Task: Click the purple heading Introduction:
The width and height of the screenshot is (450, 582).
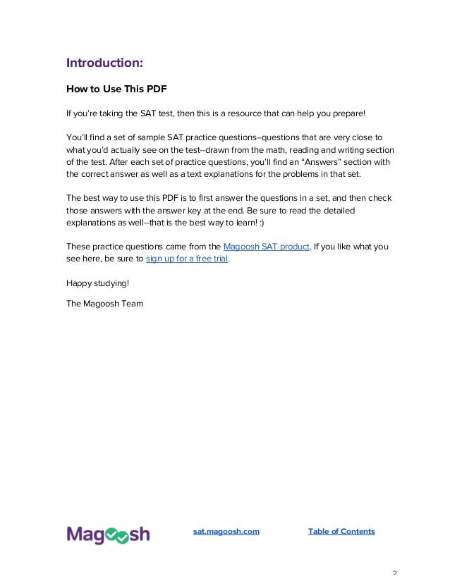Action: (104, 63)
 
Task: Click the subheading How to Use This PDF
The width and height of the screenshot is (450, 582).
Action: (110, 89)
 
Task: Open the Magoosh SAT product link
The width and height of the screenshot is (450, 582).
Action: (266, 246)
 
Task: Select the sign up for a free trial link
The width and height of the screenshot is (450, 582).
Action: (188, 259)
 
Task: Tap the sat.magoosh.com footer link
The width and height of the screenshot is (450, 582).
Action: (226, 531)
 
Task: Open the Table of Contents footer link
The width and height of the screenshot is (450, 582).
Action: (341, 531)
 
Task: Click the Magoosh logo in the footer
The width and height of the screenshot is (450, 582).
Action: (108, 535)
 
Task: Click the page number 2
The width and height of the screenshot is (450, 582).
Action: (394, 574)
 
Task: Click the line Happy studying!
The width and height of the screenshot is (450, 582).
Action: (97, 283)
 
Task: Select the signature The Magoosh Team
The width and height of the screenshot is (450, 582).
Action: (104, 304)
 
